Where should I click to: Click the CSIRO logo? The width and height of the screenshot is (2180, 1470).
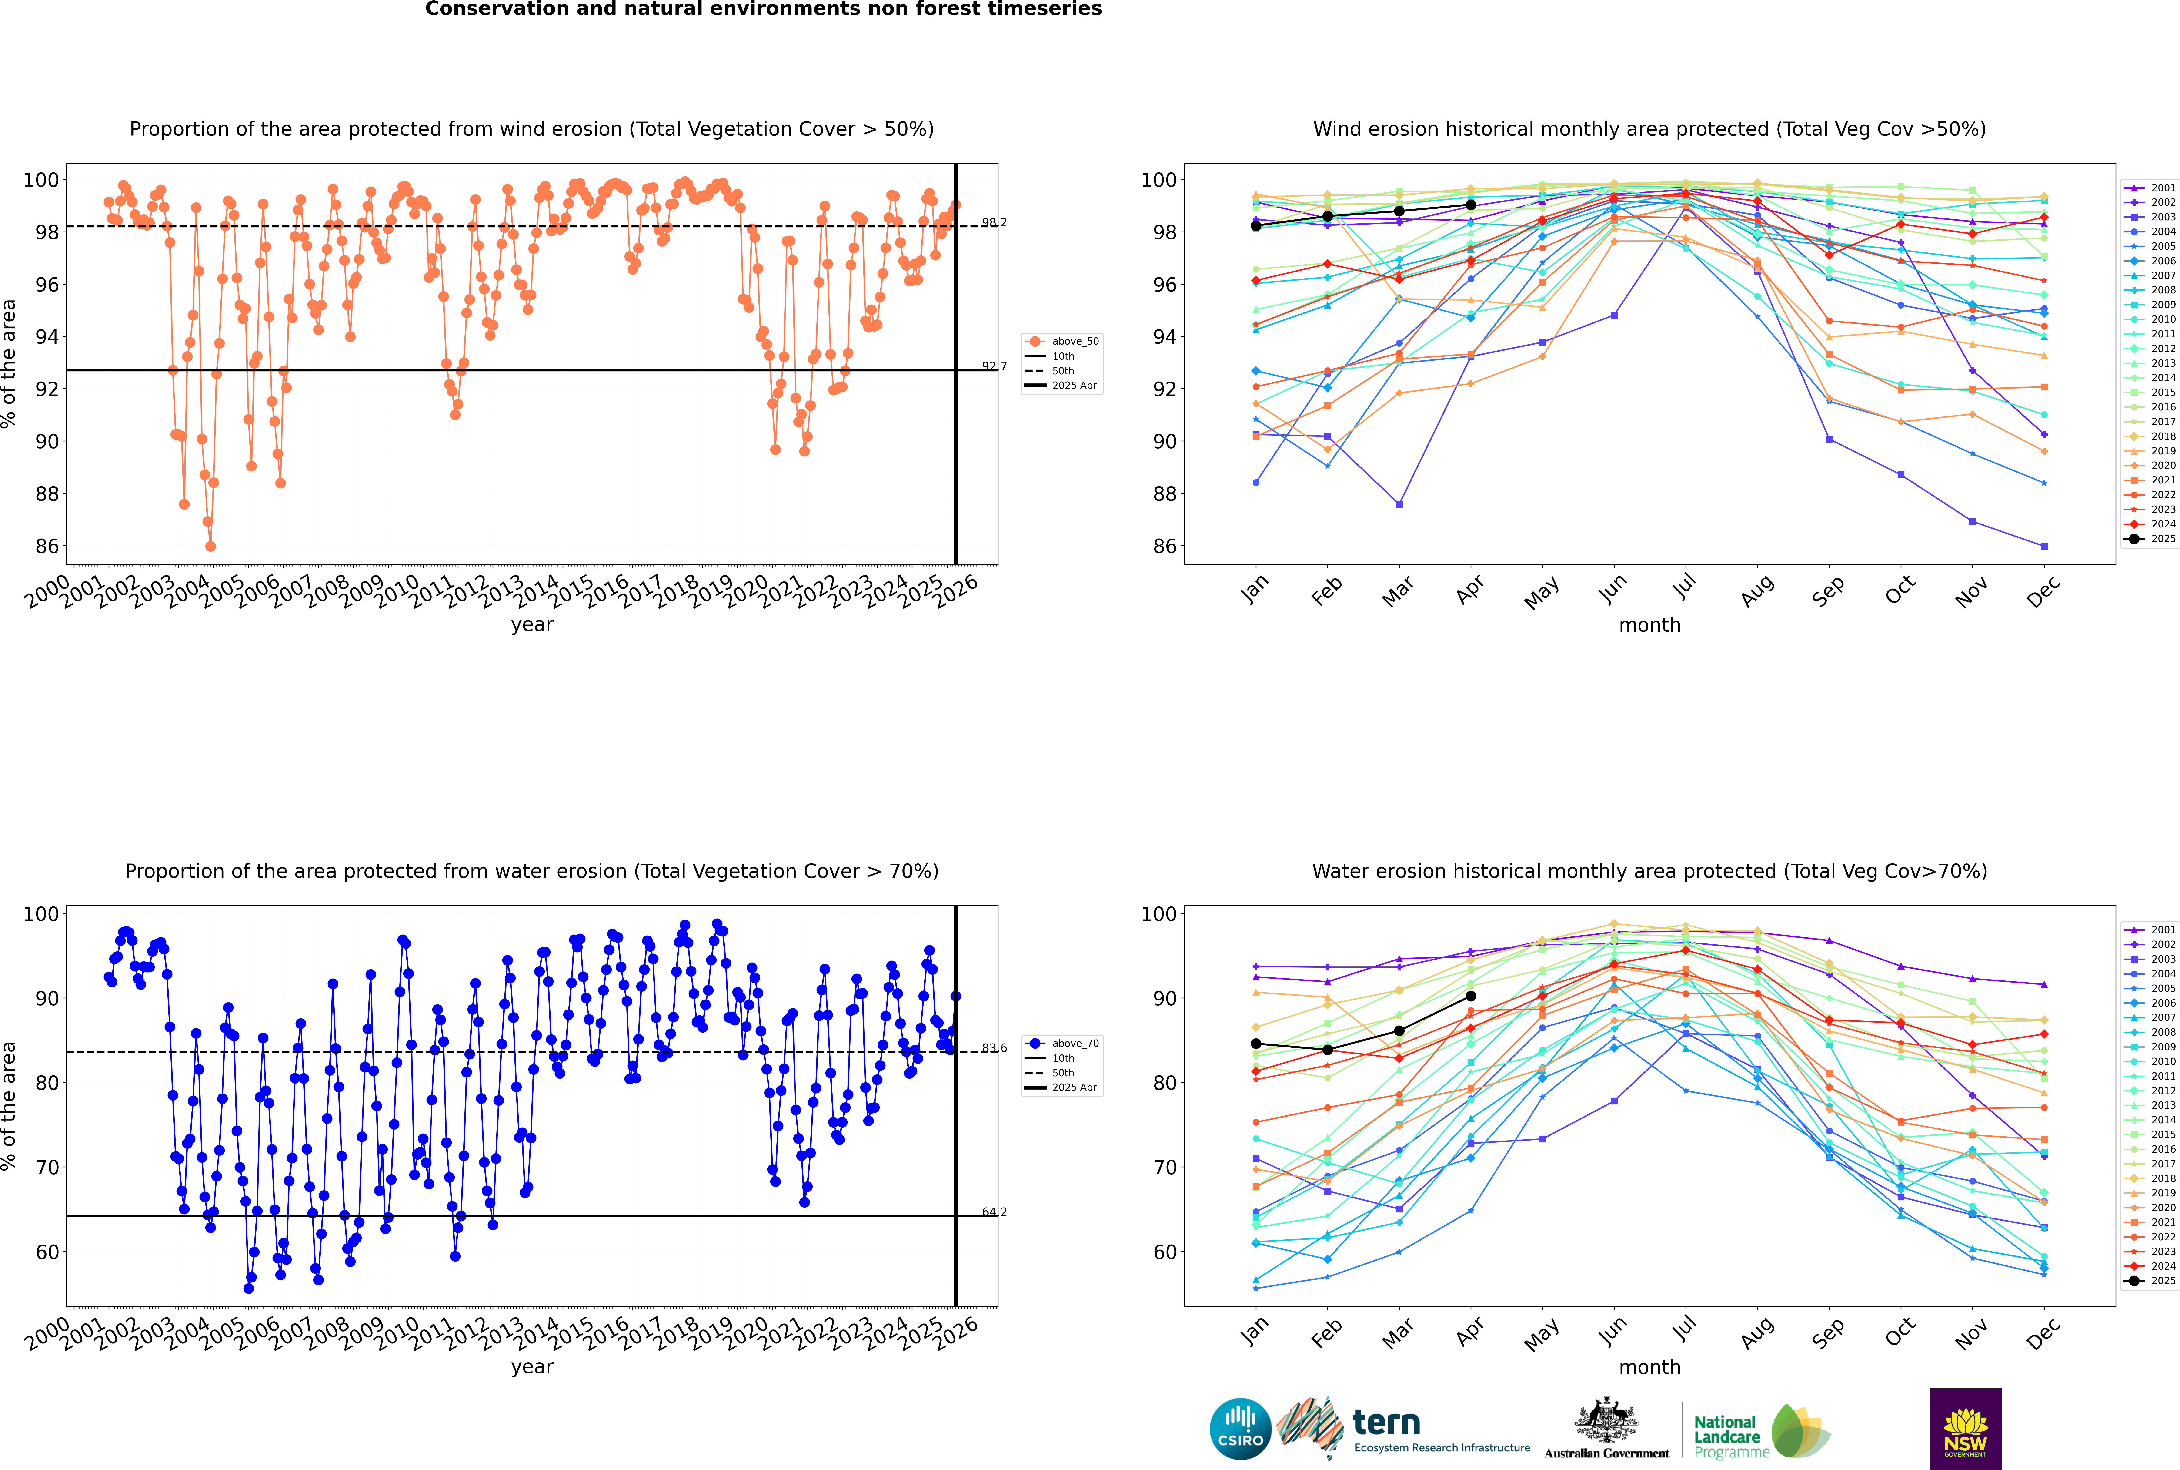tap(1240, 1430)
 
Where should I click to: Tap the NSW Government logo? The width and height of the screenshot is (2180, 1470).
tap(1965, 1428)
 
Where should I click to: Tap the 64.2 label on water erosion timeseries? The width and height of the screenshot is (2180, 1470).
tap(993, 1212)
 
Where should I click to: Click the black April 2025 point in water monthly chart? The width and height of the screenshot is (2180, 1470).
tap(1471, 997)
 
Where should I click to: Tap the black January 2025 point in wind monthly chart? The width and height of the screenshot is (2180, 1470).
tap(1256, 226)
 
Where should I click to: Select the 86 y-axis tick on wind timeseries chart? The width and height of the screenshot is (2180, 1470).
tap(47, 547)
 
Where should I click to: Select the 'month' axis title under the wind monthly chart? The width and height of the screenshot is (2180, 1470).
tap(1649, 625)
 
